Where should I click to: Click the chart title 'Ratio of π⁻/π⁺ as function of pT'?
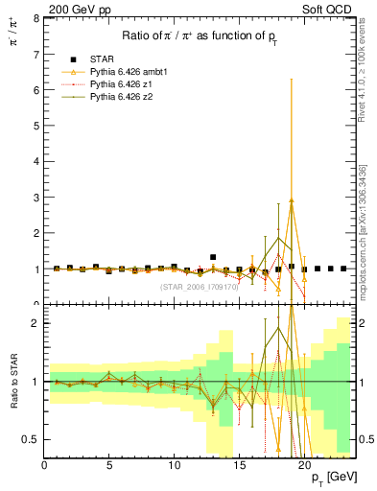(x=200, y=37)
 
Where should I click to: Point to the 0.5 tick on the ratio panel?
(x=32, y=439)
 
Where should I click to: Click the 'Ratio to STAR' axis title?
(x=12, y=383)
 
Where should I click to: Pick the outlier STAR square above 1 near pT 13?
(x=213, y=257)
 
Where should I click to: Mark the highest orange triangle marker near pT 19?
(x=291, y=201)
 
